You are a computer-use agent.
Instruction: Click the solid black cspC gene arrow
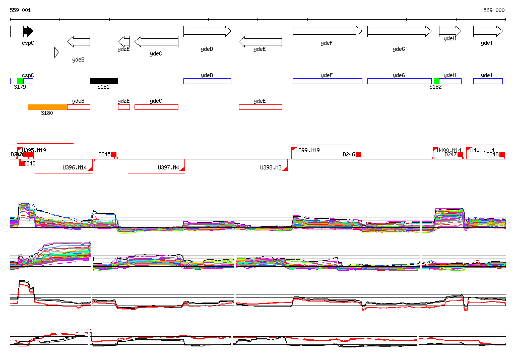pos(28,31)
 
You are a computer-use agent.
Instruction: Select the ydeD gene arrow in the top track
pos(207,31)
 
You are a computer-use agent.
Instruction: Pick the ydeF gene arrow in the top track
pos(327,31)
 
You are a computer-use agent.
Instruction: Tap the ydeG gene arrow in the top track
pos(399,31)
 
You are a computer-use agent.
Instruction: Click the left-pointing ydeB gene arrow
pos(79,41)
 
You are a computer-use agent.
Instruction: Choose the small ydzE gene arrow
pos(124,41)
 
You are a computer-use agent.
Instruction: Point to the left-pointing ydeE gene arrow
pos(260,41)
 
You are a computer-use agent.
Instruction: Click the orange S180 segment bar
pos(47,107)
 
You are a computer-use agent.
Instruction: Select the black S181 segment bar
pos(104,81)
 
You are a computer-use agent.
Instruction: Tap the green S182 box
pos(436,81)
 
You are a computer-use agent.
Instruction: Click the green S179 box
pos(20,81)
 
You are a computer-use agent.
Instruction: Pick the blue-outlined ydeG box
pos(399,81)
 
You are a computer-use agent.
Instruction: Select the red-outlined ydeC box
pos(156,107)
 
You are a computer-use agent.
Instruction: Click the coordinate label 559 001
pos(21,10)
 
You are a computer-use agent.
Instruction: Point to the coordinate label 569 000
pos(494,10)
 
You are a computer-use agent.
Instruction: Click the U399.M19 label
pos(307,150)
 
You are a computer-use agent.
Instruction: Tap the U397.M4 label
pos(168,167)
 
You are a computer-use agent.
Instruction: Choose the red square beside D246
pos(358,154)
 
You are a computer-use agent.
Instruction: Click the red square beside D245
pos(114,154)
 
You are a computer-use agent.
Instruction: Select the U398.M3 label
pos(271,167)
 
